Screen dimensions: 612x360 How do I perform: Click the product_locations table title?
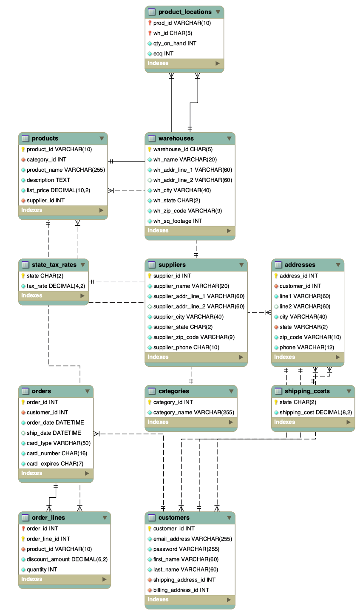(x=184, y=12)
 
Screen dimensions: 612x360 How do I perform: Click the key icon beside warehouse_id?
(x=150, y=149)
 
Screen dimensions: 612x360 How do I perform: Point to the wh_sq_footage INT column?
(x=177, y=221)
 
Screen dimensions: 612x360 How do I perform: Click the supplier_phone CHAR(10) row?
(x=186, y=347)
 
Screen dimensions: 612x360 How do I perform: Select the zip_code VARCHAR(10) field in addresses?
(x=310, y=337)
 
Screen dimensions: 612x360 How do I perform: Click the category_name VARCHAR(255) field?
(x=193, y=412)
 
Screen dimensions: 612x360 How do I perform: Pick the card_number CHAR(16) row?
(x=57, y=453)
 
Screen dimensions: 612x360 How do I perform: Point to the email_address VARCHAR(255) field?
(x=193, y=539)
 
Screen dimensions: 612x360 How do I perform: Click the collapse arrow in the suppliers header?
(x=241, y=265)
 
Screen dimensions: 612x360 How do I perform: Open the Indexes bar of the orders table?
(x=55, y=473)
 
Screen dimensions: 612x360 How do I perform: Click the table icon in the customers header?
(x=152, y=518)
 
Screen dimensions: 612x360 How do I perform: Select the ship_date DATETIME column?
(x=54, y=433)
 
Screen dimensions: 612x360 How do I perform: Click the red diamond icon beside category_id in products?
(x=23, y=160)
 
